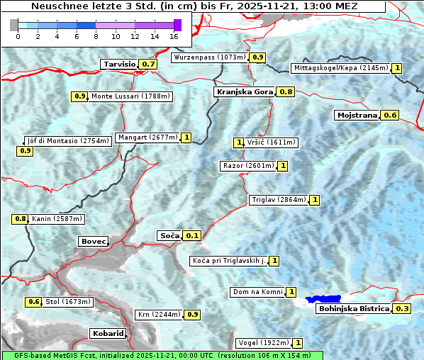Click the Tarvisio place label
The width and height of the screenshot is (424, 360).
(119, 64)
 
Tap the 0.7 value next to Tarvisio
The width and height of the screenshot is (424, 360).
(148, 64)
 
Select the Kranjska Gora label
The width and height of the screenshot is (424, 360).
(244, 91)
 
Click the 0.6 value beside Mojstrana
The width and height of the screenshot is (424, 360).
(390, 115)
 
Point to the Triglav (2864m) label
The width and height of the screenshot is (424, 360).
(279, 200)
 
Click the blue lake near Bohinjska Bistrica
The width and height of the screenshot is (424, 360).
(324, 300)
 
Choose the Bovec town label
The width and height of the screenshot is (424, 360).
(93, 242)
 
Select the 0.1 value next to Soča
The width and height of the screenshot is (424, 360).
(192, 235)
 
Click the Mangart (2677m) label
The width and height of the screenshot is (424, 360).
(147, 137)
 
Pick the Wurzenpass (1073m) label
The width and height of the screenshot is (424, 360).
(210, 57)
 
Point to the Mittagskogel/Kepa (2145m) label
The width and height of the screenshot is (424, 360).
(340, 68)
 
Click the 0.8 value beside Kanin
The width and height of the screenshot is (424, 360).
(20, 219)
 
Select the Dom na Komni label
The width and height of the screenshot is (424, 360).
(257, 292)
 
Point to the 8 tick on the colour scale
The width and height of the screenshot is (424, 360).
(96, 36)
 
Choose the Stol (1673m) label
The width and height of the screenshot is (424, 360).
(68, 302)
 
